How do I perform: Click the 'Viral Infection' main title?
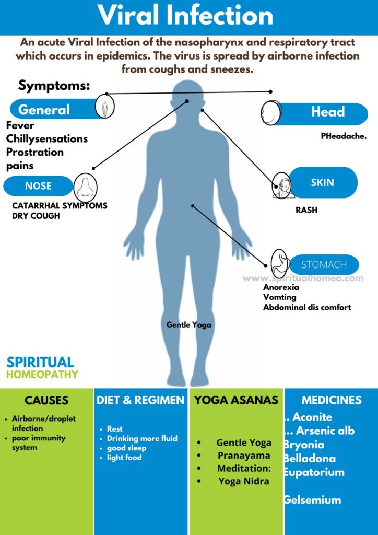[186, 16]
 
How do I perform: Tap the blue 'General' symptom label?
[44, 110]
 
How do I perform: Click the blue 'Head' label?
[327, 111]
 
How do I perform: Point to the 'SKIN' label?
[322, 183]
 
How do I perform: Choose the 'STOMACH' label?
[324, 265]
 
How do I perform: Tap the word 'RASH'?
[306, 211]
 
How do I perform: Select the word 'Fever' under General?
[20, 126]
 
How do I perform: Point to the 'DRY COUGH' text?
[36, 216]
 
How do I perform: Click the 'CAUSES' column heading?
[46, 401]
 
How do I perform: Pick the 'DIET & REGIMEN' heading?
[140, 401]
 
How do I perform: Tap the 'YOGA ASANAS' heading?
[236, 401]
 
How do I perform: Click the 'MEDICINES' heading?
[332, 401]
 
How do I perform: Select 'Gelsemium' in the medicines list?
[312, 500]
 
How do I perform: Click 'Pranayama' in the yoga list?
[244, 456]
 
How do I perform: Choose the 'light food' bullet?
[124, 458]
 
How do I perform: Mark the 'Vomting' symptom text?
[280, 297]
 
